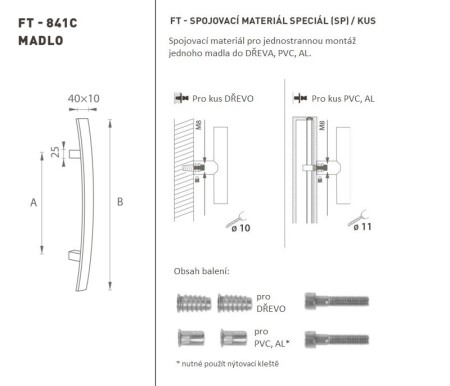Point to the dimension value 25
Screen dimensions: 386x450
(x=54, y=151)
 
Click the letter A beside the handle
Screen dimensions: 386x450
(x=34, y=202)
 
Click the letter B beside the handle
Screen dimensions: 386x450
(x=120, y=202)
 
